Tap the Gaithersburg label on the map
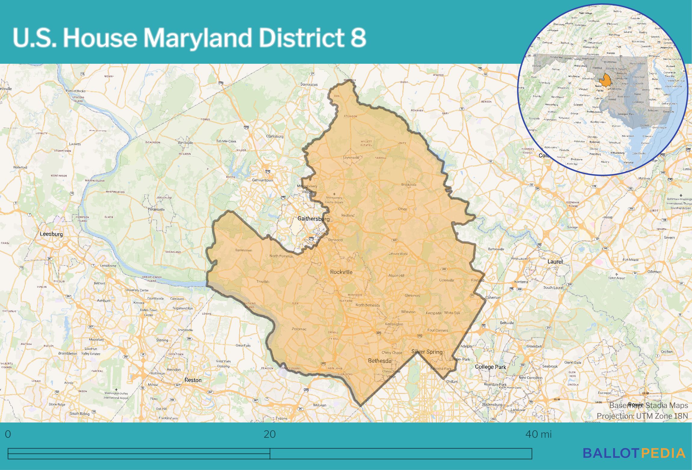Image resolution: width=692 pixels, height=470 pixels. click(313, 219)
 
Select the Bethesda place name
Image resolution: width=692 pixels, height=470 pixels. click(380, 361)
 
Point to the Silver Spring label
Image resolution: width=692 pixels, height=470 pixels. click(427, 352)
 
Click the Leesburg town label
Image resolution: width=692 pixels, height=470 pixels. click(51, 234)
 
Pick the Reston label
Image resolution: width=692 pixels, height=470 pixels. click(193, 380)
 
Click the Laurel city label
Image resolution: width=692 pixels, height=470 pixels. click(555, 261)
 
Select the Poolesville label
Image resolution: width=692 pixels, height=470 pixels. click(156, 209)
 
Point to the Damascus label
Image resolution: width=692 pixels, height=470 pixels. click(309, 84)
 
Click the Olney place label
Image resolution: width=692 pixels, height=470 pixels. click(402, 209)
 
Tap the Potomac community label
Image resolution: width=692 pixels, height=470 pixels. click(299, 329)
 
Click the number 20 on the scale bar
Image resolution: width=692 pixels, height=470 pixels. click(270, 435)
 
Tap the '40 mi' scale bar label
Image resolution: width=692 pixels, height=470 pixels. click(538, 435)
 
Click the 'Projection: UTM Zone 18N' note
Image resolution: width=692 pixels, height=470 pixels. click(642, 416)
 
